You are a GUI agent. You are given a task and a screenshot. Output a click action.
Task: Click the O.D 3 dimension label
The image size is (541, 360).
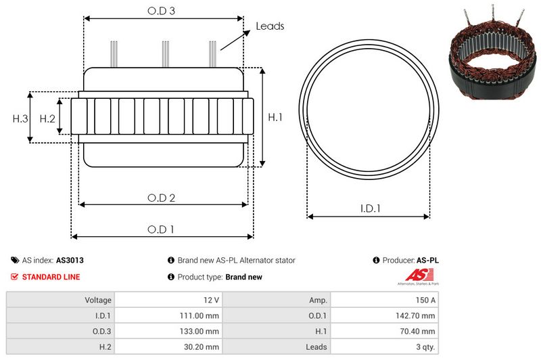(x=162, y=12)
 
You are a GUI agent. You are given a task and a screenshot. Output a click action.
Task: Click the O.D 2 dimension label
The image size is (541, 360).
(x=162, y=198)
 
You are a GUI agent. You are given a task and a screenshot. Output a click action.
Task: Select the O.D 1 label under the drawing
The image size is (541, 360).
(x=161, y=229)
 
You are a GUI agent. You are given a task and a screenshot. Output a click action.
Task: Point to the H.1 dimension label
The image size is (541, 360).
(x=275, y=117)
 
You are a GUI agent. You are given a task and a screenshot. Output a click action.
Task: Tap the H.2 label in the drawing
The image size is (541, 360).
(x=47, y=118)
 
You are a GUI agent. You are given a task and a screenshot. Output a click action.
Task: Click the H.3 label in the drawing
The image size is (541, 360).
(x=20, y=118)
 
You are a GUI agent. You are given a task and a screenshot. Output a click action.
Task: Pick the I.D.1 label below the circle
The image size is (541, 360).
(x=369, y=209)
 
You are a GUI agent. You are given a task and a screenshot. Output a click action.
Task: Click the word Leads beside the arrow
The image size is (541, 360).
(x=270, y=26)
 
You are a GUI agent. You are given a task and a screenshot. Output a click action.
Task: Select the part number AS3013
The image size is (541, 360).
(x=70, y=260)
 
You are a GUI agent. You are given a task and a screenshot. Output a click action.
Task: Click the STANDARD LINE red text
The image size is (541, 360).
(x=51, y=277)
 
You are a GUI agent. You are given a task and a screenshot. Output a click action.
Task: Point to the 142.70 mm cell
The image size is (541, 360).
(x=413, y=315)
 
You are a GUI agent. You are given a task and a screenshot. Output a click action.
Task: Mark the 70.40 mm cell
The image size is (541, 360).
(x=415, y=331)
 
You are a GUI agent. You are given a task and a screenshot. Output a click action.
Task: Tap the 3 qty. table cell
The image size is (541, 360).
(x=423, y=346)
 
